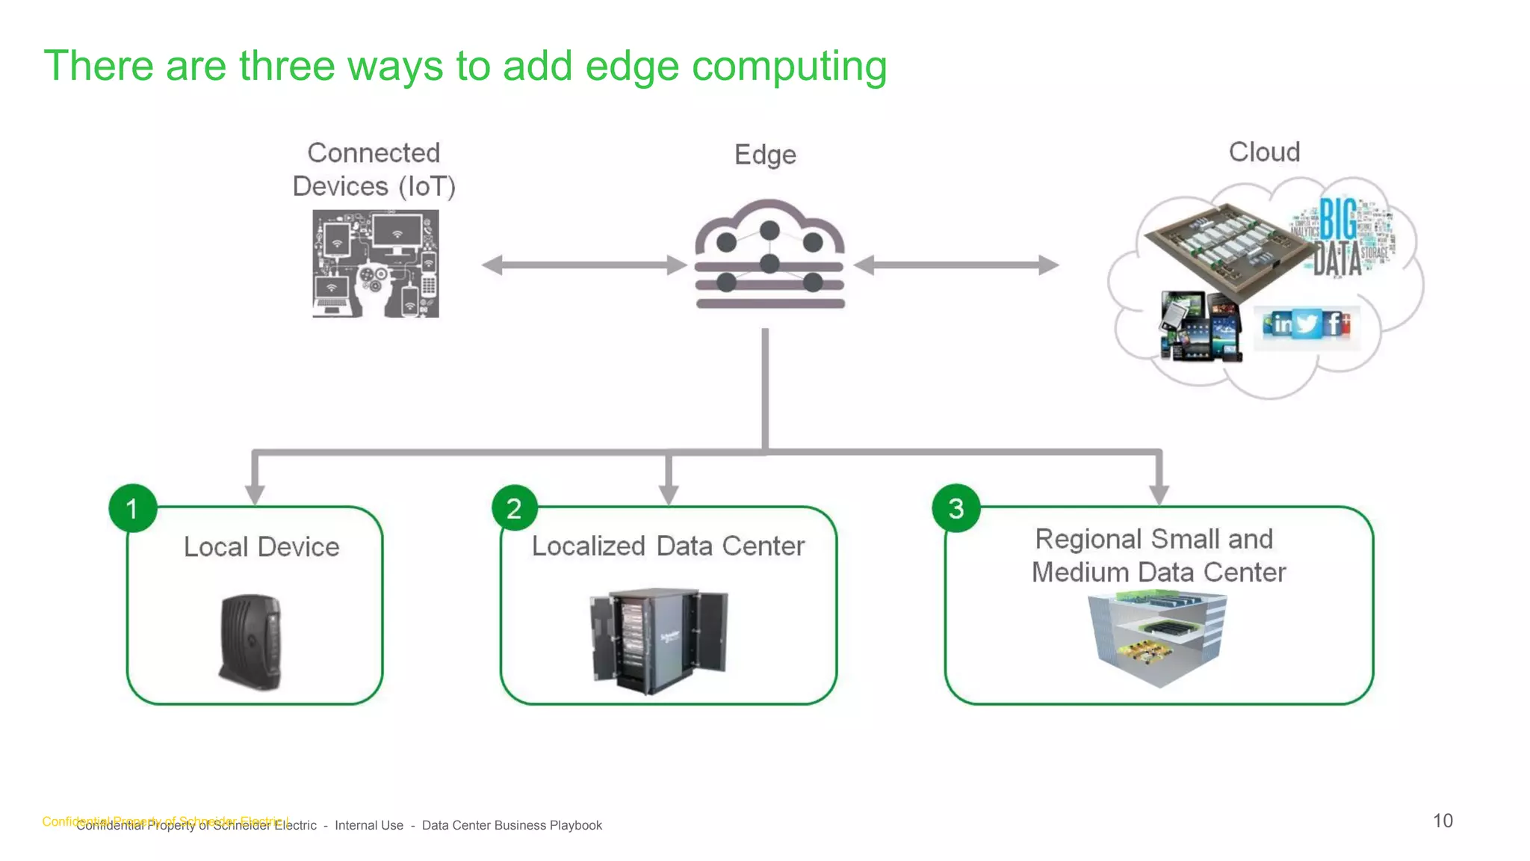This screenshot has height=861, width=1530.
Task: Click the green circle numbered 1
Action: [132, 508]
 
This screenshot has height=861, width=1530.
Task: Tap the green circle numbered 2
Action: [514, 508]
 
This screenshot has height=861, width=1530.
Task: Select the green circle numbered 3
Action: [956, 508]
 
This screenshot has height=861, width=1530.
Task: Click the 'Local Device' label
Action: [261, 547]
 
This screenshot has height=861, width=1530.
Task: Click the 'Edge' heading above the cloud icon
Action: [765, 155]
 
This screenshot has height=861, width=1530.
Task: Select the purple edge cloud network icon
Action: [769, 254]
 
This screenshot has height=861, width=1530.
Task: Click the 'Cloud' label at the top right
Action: [1264, 152]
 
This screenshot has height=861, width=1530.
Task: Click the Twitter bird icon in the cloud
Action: [1307, 324]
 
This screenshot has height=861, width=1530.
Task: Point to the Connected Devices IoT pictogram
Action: [376, 264]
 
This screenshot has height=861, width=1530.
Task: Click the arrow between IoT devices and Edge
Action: [583, 265]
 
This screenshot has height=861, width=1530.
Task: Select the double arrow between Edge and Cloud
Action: [956, 265]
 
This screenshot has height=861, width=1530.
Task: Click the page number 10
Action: [1443, 821]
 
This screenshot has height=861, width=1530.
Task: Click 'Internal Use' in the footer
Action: [369, 825]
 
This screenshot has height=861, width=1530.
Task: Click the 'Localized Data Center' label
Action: [668, 546]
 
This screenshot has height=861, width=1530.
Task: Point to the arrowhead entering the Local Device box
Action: [255, 495]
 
